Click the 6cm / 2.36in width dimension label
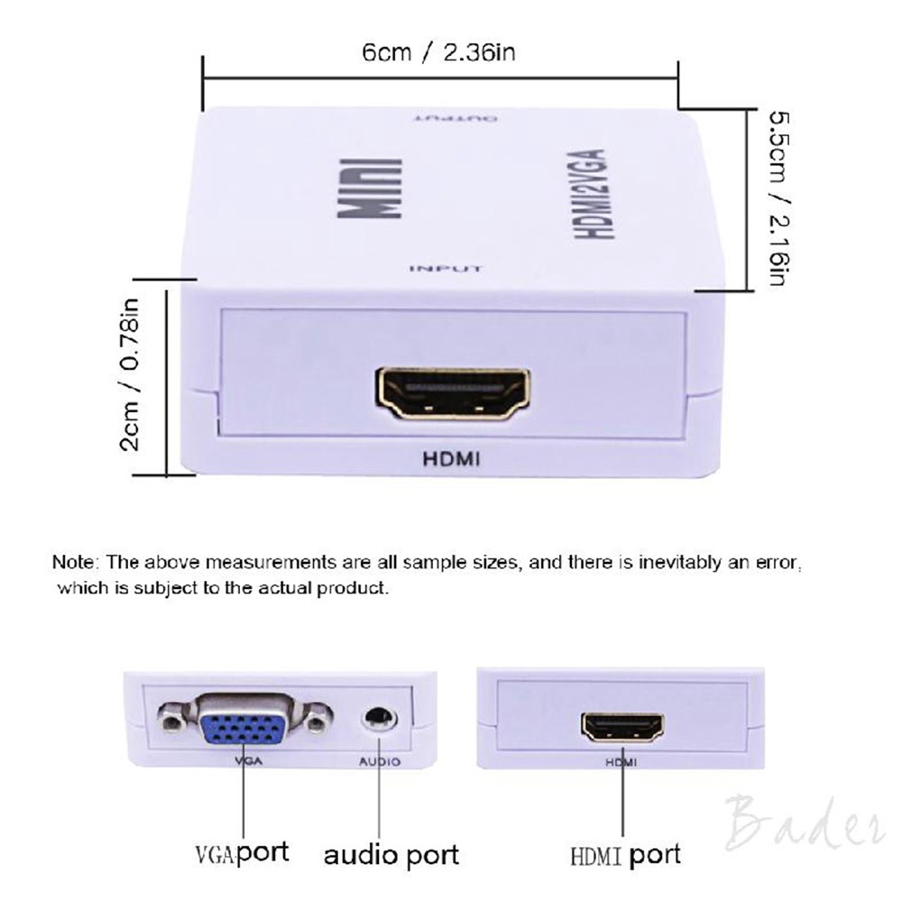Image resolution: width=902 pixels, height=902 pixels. click(x=438, y=52)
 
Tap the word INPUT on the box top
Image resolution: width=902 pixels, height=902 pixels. click(x=446, y=268)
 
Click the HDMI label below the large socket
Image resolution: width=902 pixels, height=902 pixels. click(x=452, y=459)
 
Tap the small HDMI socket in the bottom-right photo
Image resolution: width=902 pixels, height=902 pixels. click(x=622, y=726)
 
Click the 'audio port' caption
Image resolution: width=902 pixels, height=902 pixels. click(x=391, y=853)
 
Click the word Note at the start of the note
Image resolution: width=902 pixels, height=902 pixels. click(x=75, y=562)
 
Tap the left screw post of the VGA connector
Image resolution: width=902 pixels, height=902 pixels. click(x=170, y=722)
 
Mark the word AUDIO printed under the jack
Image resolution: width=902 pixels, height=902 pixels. click(x=380, y=761)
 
